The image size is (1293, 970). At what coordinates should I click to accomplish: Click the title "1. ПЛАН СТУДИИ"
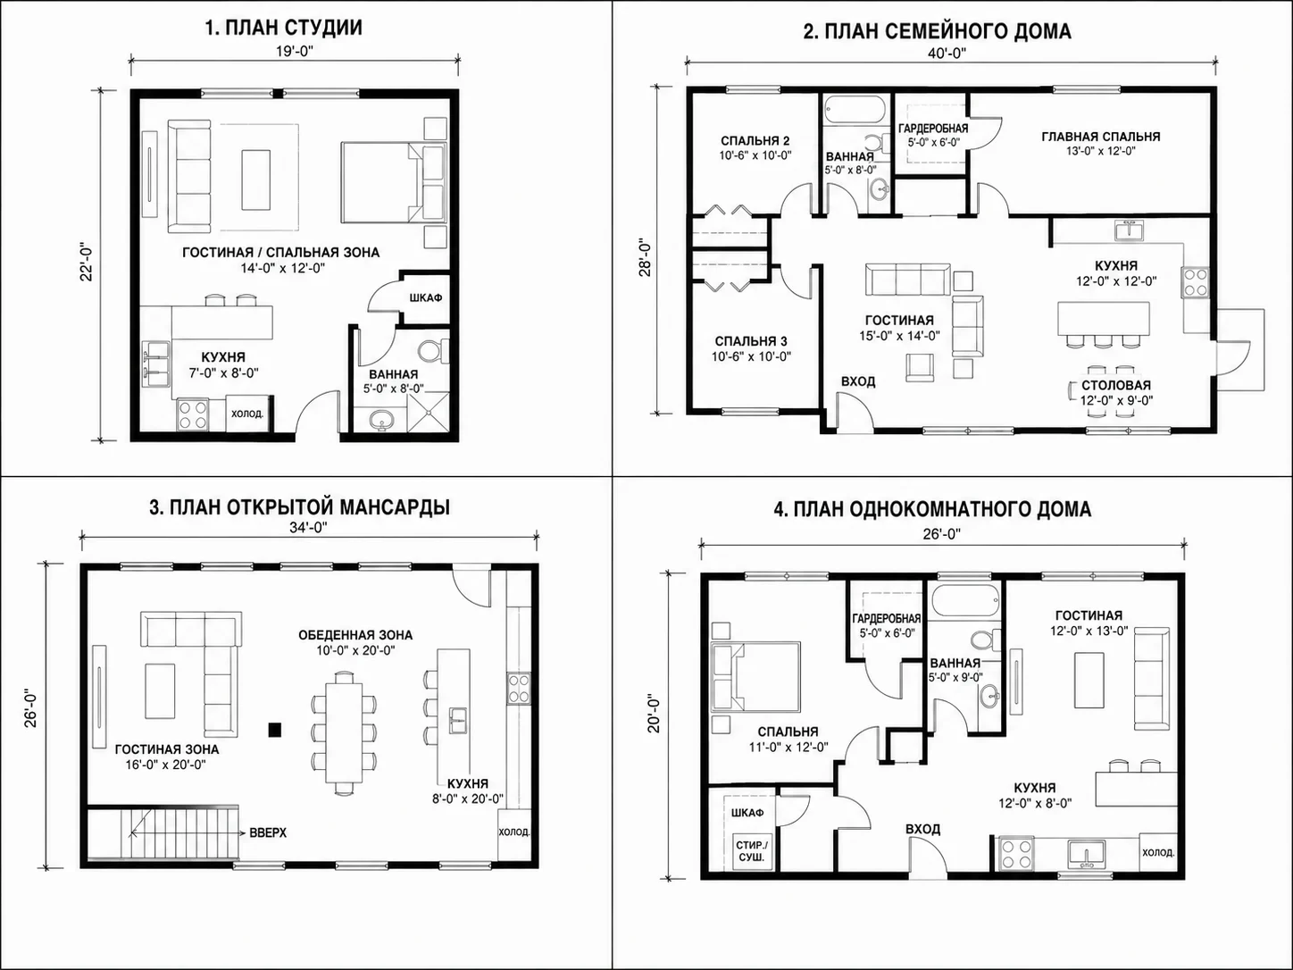click(283, 27)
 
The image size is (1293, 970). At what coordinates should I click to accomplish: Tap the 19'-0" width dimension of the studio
click(294, 51)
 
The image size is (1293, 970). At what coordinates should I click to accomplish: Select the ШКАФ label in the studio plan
click(426, 298)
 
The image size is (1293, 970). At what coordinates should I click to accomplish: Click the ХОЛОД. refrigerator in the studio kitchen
click(247, 414)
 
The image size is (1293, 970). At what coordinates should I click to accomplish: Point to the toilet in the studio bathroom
click(434, 352)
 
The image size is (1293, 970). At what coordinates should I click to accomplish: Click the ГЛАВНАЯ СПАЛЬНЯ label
click(1101, 137)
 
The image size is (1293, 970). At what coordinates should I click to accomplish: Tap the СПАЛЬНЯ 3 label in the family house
click(751, 341)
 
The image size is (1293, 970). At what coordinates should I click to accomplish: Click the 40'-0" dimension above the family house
click(947, 53)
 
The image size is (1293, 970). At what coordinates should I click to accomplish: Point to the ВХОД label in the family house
click(857, 381)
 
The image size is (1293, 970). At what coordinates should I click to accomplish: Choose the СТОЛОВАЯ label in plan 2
click(1115, 385)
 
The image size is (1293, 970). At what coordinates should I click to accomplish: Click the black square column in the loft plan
click(274, 731)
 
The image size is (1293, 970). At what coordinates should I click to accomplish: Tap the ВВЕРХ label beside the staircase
click(268, 833)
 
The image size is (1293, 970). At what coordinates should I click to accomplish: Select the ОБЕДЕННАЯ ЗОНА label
click(355, 635)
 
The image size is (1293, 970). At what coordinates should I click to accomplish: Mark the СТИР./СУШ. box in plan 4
click(752, 850)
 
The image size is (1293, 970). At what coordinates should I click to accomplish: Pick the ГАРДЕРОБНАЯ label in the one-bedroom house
click(887, 618)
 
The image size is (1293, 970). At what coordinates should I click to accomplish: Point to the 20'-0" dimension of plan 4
click(654, 715)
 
